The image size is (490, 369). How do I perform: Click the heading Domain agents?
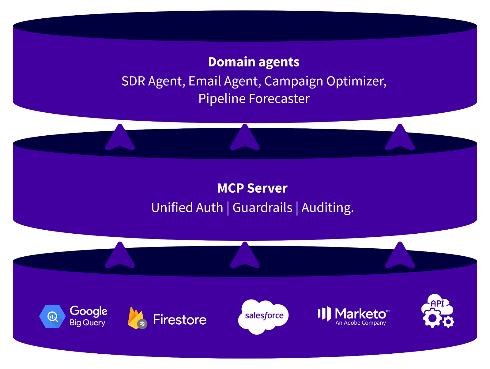(x=254, y=62)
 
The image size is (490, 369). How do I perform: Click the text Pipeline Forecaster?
(x=254, y=99)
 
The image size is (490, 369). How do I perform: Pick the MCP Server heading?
(x=252, y=188)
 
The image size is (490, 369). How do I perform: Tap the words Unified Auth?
(x=187, y=208)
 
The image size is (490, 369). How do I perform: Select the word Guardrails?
(x=262, y=208)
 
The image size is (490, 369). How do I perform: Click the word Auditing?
(x=327, y=208)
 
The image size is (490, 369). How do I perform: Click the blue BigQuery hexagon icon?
(x=52, y=316)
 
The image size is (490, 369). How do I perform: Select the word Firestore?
(x=180, y=320)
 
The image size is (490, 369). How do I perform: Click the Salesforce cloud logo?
(x=263, y=316)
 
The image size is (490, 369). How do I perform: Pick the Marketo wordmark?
(x=360, y=314)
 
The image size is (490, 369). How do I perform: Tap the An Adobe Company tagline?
(x=360, y=323)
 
